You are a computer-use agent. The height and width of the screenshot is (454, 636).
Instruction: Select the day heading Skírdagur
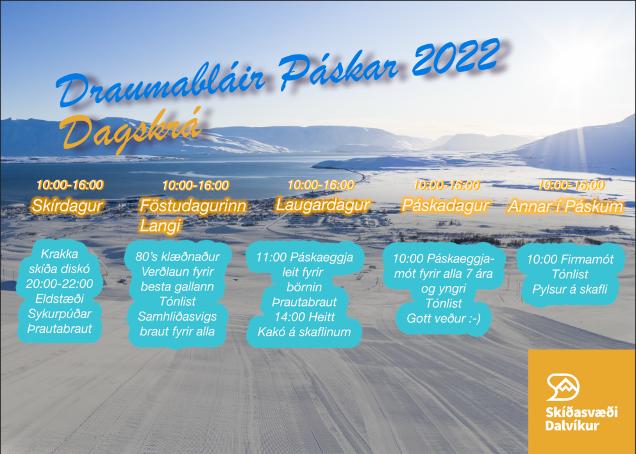pyautogui.click(x=67, y=206)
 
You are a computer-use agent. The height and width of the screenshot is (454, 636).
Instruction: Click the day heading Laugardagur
pyautogui.click(x=322, y=205)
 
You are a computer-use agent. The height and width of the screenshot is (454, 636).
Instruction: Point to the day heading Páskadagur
pyautogui.click(x=446, y=205)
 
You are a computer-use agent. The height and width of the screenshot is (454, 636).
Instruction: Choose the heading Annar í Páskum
pyautogui.click(x=565, y=206)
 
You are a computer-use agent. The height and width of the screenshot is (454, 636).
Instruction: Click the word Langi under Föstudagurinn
pyautogui.click(x=161, y=226)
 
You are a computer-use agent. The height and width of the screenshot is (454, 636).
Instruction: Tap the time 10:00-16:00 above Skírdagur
pyautogui.click(x=69, y=185)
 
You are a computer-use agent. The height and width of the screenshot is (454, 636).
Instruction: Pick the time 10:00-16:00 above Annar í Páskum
pyautogui.click(x=571, y=185)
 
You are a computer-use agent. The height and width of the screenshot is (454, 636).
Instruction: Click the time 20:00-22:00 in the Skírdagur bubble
pyautogui.click(x=60, y=283)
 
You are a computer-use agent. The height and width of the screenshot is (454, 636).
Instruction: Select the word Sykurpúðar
pyautogui.click(x=60, y=314)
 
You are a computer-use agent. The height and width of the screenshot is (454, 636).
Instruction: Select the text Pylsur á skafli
pyautogui.click(x=570, y=289)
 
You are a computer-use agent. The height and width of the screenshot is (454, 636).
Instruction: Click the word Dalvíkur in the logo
pyautogui.click(x=572, y=425)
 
